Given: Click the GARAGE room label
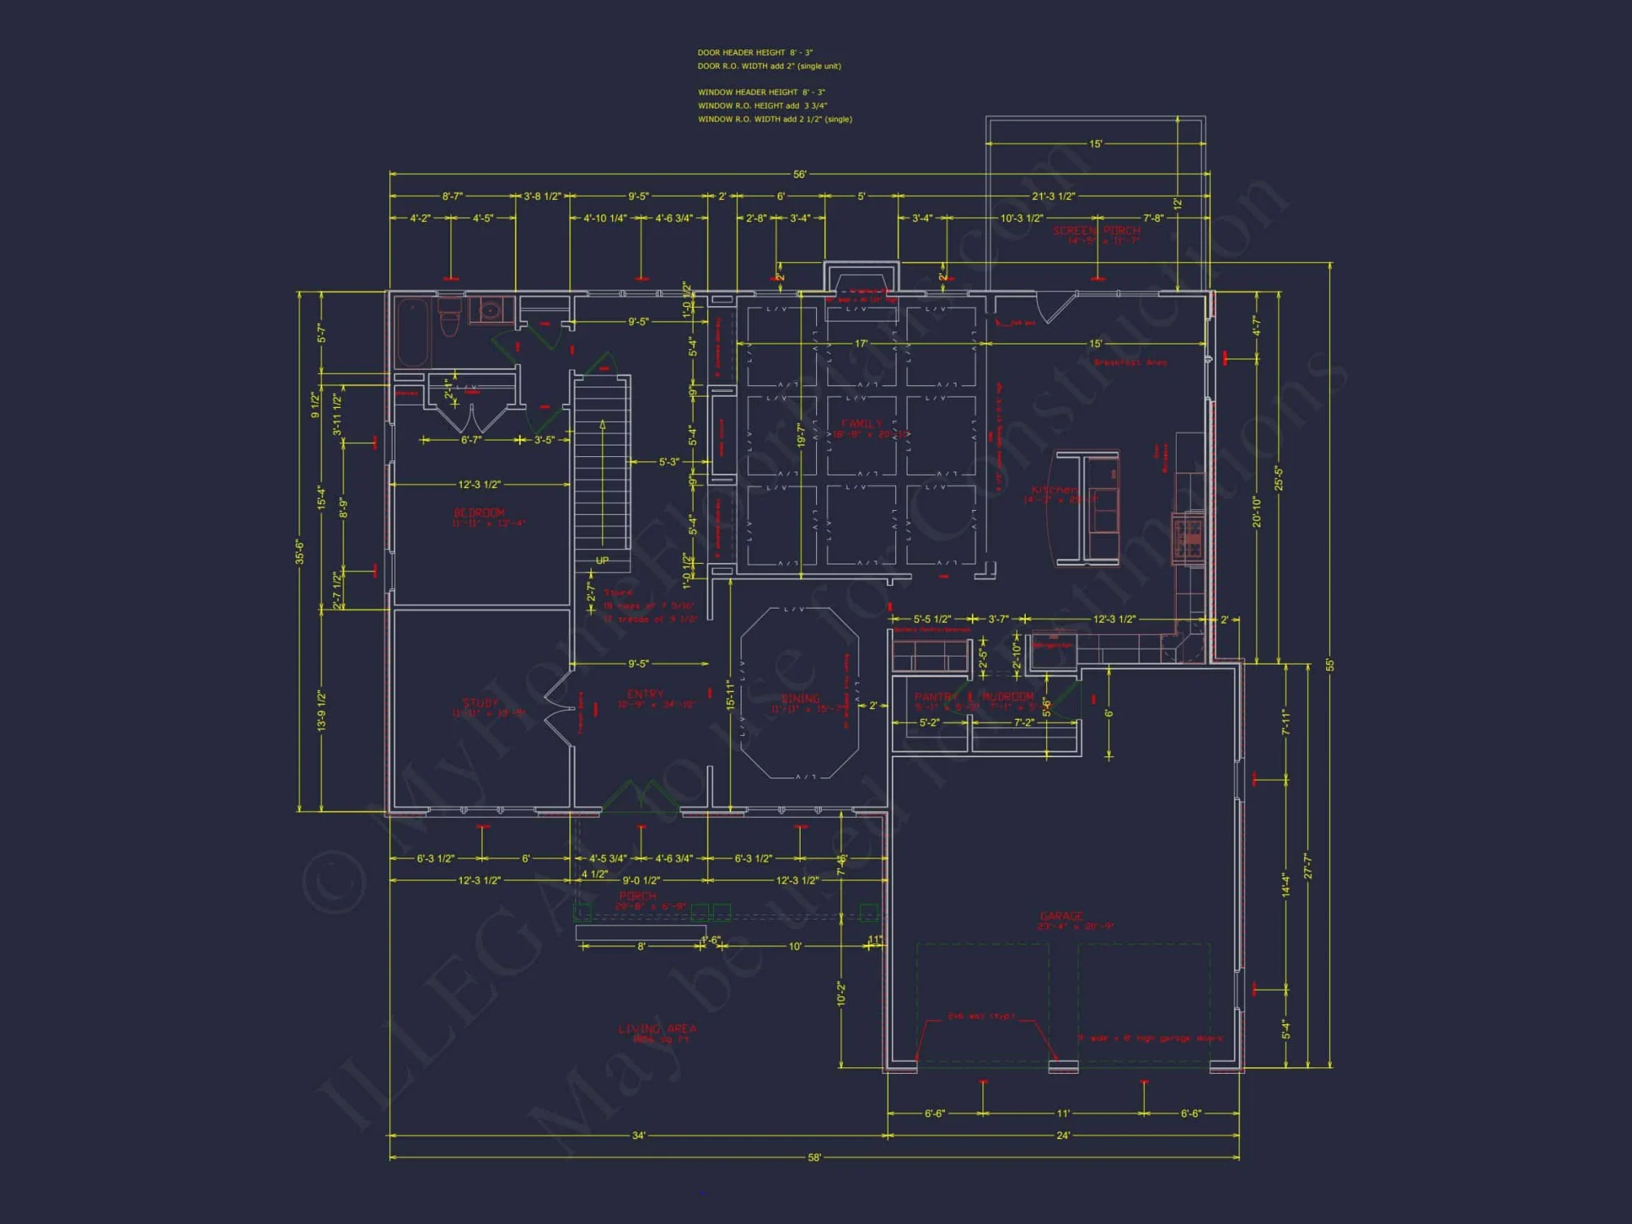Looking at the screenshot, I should point(1062,916).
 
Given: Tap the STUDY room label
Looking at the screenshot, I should point(480,703).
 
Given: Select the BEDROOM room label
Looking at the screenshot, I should point(479,512).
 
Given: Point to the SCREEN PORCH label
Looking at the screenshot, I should point(1096,231).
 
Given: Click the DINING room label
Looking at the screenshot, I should point(800,698).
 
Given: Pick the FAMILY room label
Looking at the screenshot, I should point(862,424).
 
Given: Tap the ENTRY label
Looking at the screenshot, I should point(645,694).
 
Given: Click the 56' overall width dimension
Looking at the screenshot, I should point(800,175).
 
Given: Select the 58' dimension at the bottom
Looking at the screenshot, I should point(814,1157).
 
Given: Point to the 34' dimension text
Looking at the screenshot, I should point(638,1135).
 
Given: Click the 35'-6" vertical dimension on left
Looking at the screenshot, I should point(299,552).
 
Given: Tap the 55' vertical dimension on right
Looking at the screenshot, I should point(1330,665).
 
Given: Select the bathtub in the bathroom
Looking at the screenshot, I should point(413,333).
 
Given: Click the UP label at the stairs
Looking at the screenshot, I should point(602,561).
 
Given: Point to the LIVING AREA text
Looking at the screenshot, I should point(657,1029).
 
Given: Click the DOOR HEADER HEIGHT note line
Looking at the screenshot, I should point(755,52).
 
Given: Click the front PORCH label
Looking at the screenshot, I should point(637,896).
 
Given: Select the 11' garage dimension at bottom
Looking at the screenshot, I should point(1062,1113).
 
